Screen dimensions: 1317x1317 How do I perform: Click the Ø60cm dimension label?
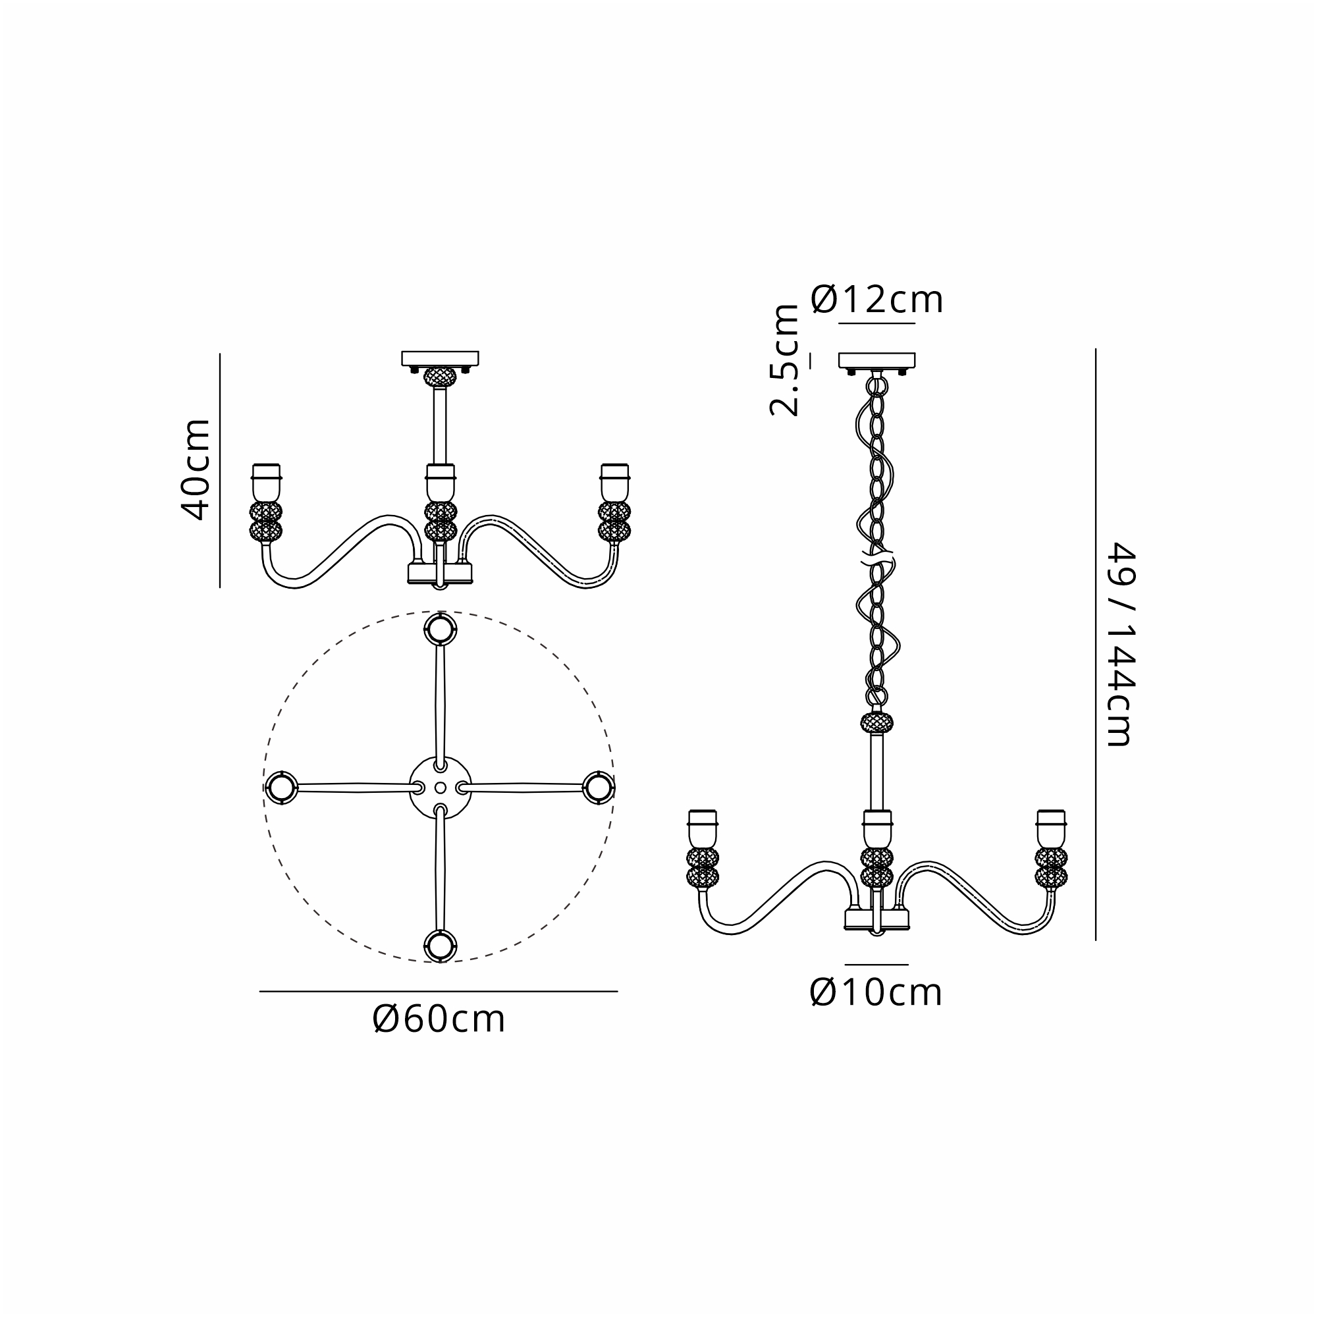click(439, 1020)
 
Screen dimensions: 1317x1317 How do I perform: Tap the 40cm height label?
click(194, 470)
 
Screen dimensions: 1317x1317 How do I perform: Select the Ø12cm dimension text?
click(877, 299)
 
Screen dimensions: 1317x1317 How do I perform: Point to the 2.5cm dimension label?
click(784, 361)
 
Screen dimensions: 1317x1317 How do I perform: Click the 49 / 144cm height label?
click(1119, 644)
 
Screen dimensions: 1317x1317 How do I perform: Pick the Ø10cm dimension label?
click(876, 992)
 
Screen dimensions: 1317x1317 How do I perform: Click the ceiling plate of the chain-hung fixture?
click(876, 361)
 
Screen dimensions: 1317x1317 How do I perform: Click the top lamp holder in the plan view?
click(441, 629)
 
